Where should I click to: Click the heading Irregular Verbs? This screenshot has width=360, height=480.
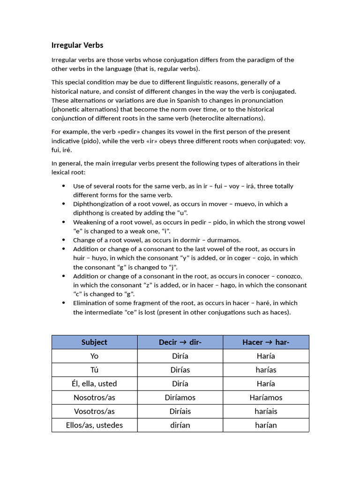click(x=77, y=45)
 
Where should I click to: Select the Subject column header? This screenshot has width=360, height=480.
click(x=94, y=342)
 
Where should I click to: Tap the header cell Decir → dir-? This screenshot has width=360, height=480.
click(x=180, y=342)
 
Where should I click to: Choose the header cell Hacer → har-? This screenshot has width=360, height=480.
click(x=266, y=342)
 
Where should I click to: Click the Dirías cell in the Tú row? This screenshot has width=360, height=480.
click(x=180, y=370)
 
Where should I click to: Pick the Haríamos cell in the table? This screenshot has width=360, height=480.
click(x=266, y=397)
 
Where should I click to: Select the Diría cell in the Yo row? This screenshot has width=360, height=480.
click(x=180, y=356)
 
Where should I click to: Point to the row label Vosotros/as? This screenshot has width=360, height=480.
click(x=94, y=411)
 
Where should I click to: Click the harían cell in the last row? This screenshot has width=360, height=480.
click(x=266, y=425)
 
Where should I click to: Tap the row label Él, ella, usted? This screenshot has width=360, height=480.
click(x=94, y=383)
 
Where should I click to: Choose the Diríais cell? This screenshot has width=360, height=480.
click(x=180, y=411)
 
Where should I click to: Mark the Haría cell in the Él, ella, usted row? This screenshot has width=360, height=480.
click(x=266, y=383)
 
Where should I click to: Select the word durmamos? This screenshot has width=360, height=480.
click(x=224, y=240)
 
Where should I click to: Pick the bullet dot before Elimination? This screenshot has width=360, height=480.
click(x=64, y=303)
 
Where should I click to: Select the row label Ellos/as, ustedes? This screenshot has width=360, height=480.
click(x=94, y=425)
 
